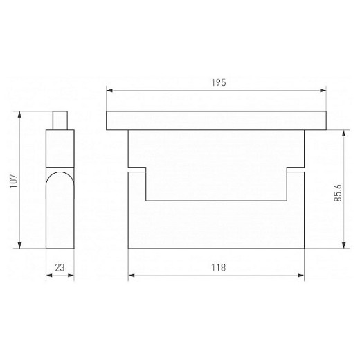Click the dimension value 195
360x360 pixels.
[x=219, y=82]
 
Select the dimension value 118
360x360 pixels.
[x=218, y=267]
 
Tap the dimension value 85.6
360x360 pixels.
[x=338, y=193]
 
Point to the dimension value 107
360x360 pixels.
[x=14, y=181]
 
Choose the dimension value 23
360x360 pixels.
[x=60, y=268]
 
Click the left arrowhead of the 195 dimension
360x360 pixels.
[x=109, y=91]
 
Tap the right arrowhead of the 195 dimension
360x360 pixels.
[x=323, y=91]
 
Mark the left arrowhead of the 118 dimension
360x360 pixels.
[x=132, y=276]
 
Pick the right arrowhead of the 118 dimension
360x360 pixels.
[x=301, y=276]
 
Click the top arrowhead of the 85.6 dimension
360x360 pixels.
[x=344, y=133]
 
